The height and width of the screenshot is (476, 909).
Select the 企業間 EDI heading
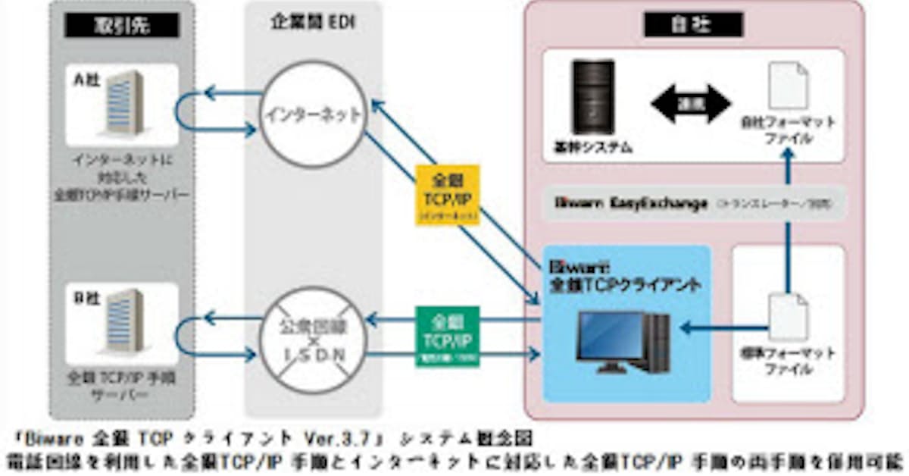tap(313, 23)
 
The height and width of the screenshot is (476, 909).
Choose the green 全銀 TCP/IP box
tap(447, 336)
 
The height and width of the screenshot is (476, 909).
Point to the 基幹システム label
tap(588, 148)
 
